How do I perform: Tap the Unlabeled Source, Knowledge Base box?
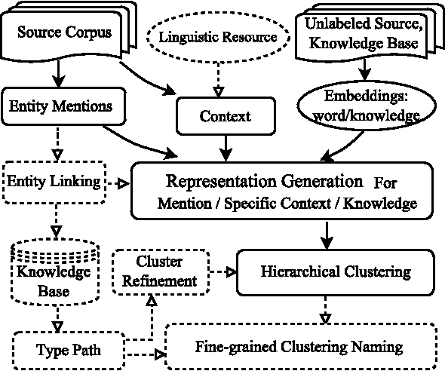click(365, 33)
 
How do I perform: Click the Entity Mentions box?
click(60, 106)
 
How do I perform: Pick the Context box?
click(224, 117)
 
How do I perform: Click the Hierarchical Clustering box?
click(336, 271)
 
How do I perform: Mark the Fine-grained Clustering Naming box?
click(299, 348)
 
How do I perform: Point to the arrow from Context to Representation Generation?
click(225, 147)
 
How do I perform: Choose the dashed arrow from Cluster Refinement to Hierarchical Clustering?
click(219, 271)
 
